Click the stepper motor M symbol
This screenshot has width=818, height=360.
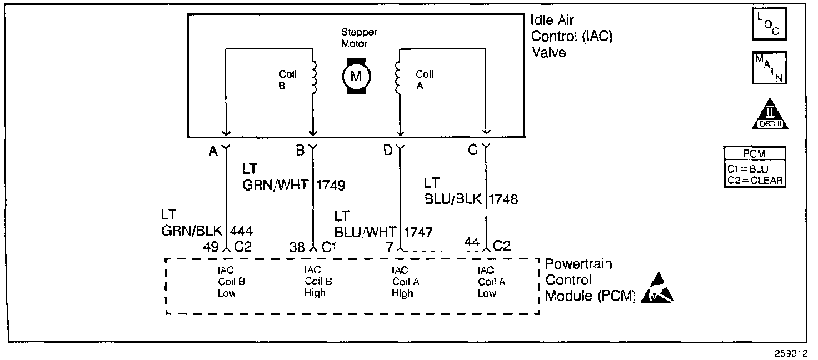coord(355,76)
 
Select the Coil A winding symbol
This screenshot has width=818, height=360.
coord(397,77)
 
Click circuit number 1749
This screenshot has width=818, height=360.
coord(331,185)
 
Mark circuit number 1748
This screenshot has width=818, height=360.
coord(503,199)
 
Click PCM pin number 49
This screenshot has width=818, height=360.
coord(211,248)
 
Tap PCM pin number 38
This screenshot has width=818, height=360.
coord(298,248)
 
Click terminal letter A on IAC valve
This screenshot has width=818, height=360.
coord(213,151)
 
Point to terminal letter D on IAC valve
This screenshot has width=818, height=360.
coord(388,151)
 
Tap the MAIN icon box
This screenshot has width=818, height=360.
coord(770,67)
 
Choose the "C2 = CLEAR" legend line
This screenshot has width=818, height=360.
coord(755,180)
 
